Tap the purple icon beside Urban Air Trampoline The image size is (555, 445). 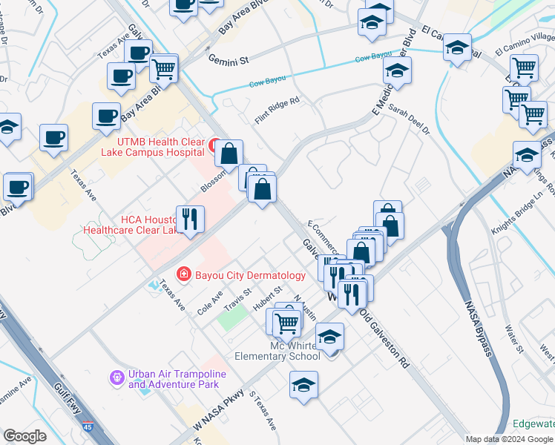116,379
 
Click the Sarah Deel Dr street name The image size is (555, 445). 409,121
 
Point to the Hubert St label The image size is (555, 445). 268,297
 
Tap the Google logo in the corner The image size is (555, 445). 25,436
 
